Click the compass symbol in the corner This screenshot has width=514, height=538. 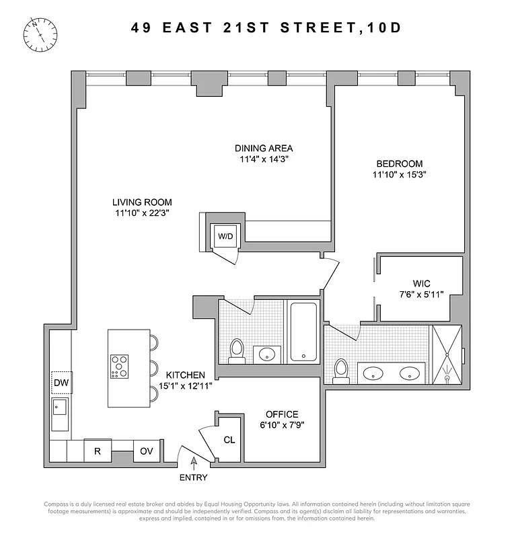[x=40, y=33]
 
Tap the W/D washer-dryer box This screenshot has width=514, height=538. [x=224, y=236]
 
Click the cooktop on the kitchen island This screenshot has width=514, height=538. [x=120, y=367]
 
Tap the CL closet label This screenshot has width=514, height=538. [x=229, y=440]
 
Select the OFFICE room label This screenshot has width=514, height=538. [x=281, y=414]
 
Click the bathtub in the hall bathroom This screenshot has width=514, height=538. [x=305, y=332]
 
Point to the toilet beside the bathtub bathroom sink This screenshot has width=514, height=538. [x=236, y=350]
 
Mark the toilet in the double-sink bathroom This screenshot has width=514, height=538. [x=341, y=370]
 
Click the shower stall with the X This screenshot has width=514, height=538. [x=447, y=354]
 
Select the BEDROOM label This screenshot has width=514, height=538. [x=400, y=163]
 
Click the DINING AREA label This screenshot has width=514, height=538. [x=264, y=149]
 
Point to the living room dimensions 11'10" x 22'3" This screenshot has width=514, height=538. [x=142, y=213]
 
